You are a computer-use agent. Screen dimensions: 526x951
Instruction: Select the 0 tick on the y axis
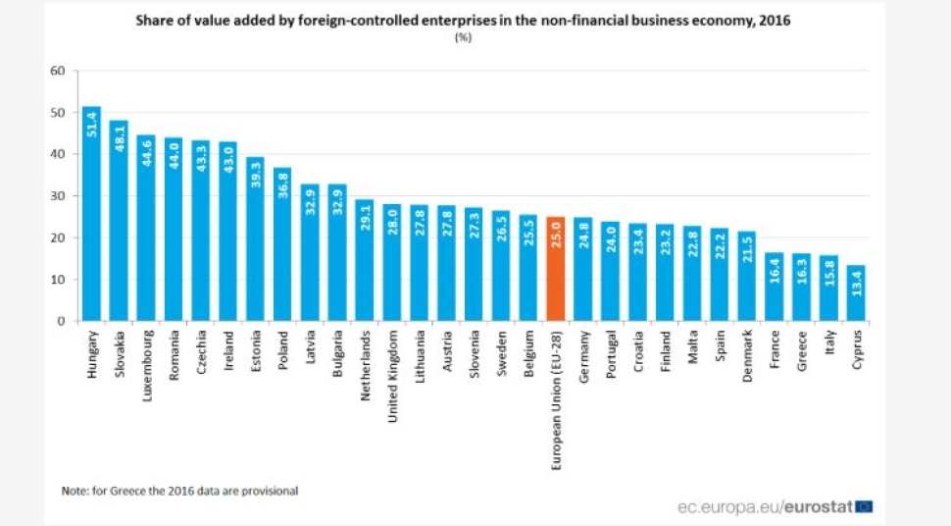pyautogui.click(x=60, y=321)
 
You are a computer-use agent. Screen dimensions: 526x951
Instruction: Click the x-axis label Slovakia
pyautogui.click(x=120, y=352)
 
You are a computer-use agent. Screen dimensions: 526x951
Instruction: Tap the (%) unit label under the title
pyautogui.click(x=460, y=37)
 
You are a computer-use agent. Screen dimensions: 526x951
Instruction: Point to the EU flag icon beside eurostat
pyautogui.click(x=864, y=507)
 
